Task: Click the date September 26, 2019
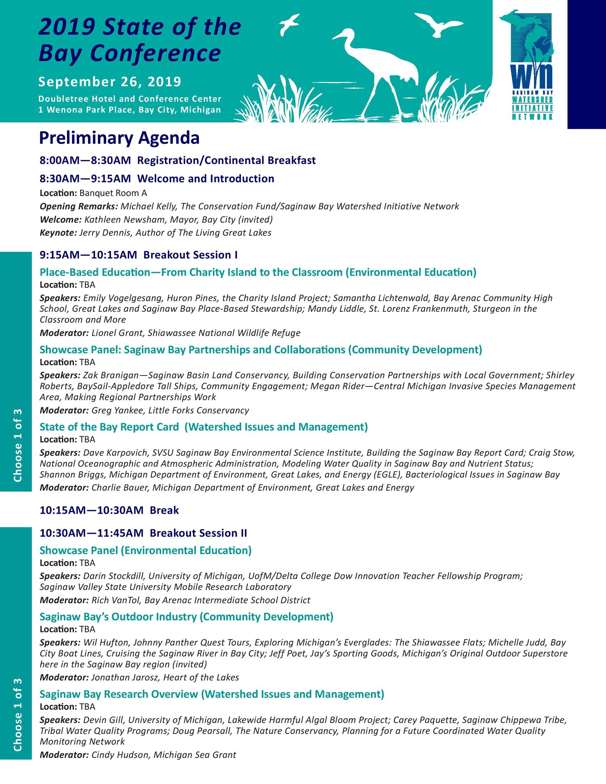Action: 110,82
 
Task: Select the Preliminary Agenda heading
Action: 119,138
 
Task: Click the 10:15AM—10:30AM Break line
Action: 109,510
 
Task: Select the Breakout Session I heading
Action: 190,255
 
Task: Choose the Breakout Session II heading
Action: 198,533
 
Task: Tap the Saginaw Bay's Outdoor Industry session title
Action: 186,617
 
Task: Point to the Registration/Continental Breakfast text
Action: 226,160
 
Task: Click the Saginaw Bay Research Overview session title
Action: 211,694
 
